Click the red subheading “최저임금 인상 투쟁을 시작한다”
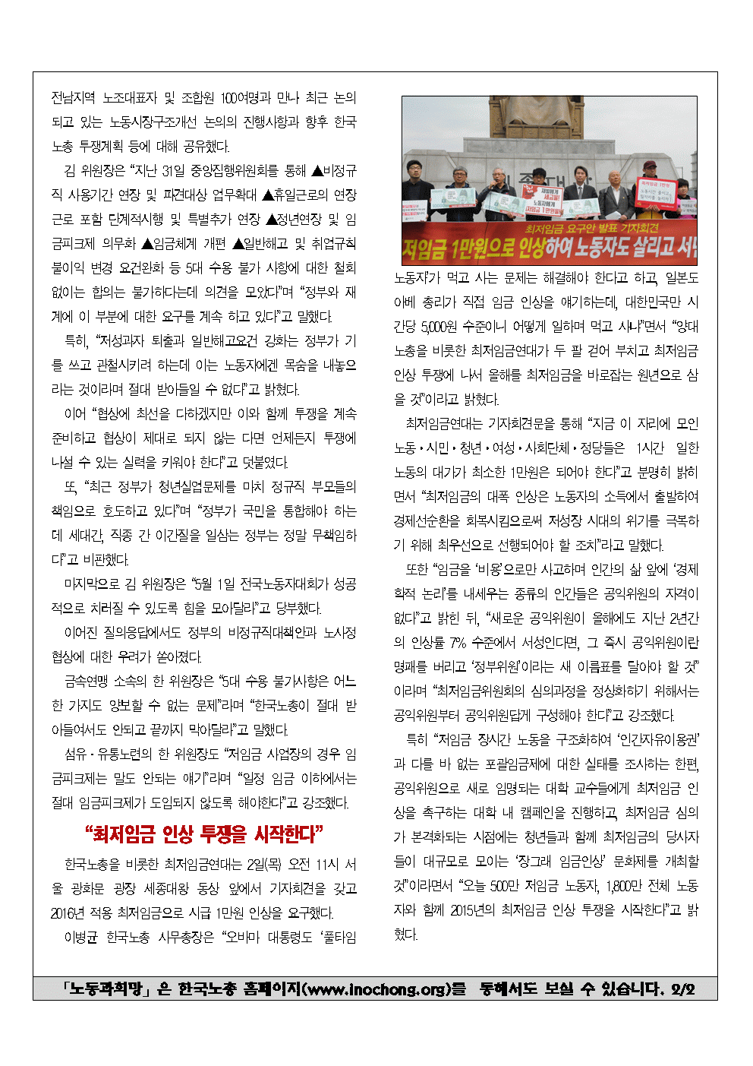[204, 834]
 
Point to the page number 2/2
[682, 989]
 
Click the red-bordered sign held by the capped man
[657, 194]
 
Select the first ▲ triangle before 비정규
[317, 171]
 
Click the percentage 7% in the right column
[457, 643]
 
